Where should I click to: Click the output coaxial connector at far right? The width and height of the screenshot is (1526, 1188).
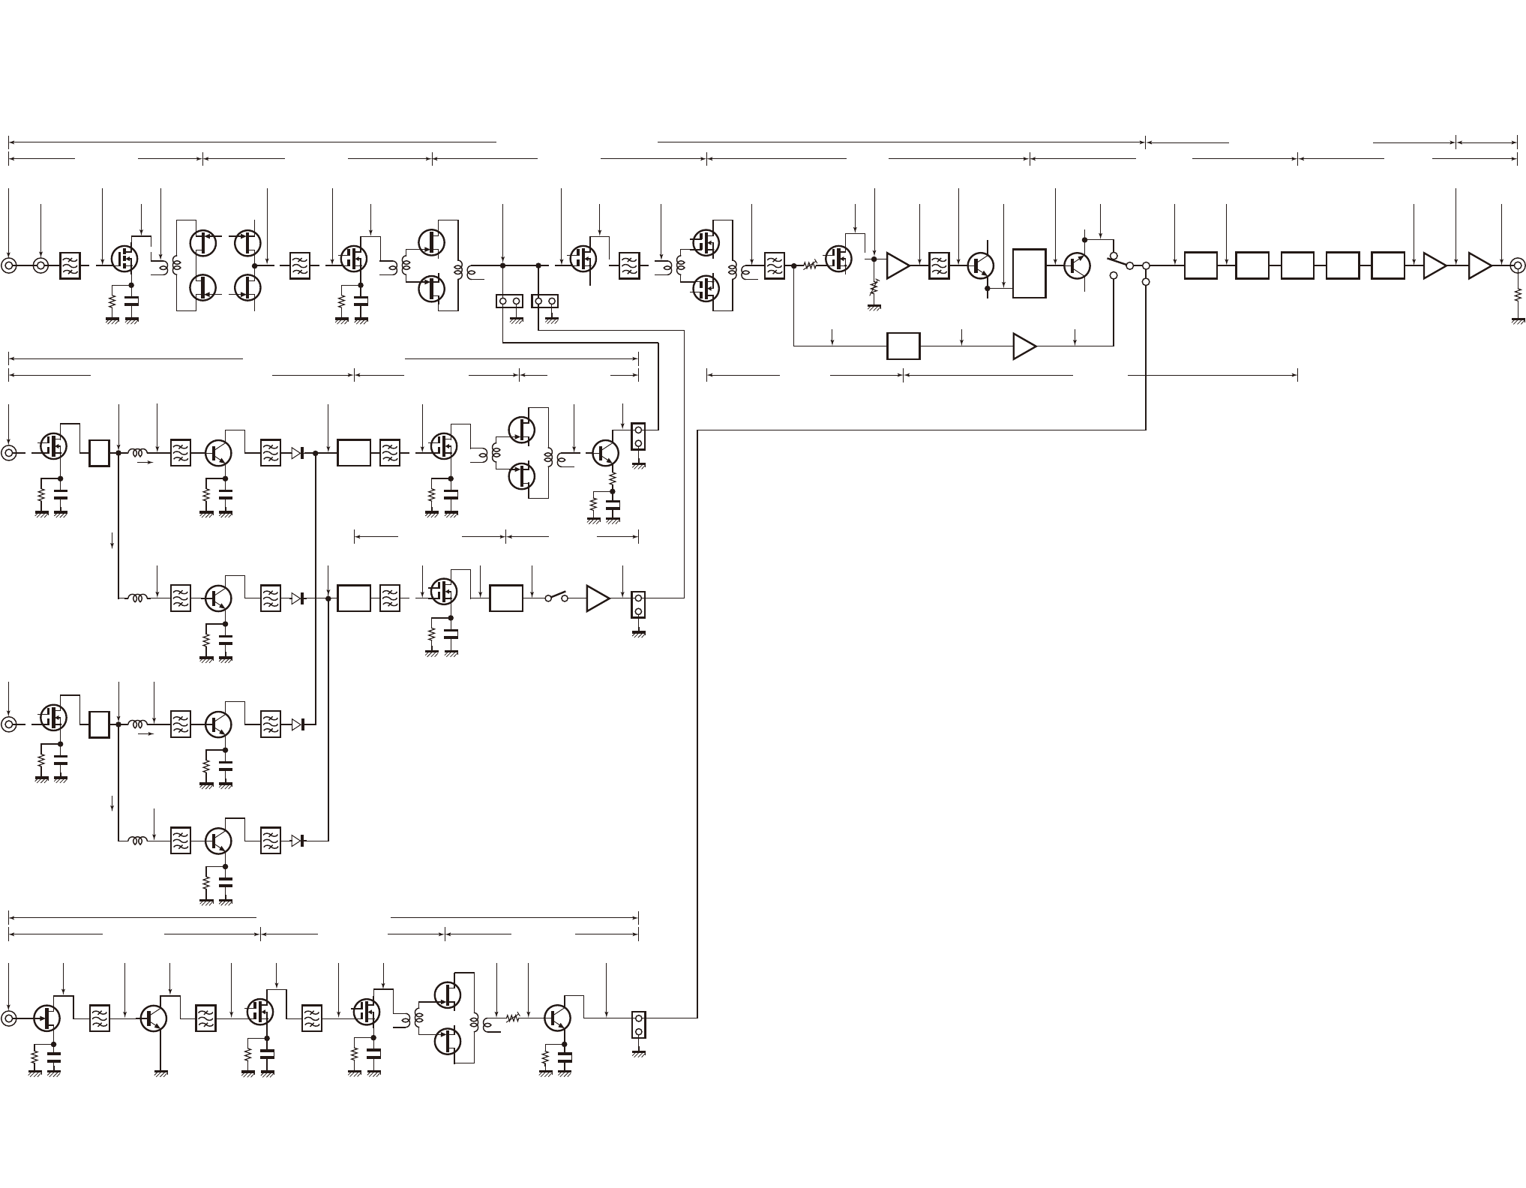tap(1516, 265)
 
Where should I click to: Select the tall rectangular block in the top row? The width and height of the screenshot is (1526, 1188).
tap(1029, 273)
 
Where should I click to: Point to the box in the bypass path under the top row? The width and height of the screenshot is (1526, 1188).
tap(903, 346)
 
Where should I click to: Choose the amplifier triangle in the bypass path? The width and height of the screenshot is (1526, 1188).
tap(1024, 346)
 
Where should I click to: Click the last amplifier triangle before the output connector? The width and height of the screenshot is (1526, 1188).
tap(1479, 265)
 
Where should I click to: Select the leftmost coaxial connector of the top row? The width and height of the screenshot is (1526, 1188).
tap(9, 265)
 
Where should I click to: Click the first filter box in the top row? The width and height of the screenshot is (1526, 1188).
tap(70, 265)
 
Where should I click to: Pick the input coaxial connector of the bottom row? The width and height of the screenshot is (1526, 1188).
tap(9, 1018)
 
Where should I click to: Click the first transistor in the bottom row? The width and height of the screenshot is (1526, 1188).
tap(47, 1018)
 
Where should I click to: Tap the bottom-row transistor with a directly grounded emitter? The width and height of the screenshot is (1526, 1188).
tap(154, 1018)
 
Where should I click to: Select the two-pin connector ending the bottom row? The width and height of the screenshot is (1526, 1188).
tap(638, 1024)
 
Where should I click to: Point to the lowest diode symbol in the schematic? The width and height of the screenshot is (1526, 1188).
tap(299, 841)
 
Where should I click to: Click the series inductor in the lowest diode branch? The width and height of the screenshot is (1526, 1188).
tap(136, 841)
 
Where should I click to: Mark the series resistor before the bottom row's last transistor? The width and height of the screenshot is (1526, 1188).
tap(513, 1018)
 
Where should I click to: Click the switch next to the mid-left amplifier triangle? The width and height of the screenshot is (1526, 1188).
tap(556, 598)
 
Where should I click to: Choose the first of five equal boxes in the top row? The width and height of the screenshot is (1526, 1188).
tap(1200, 265)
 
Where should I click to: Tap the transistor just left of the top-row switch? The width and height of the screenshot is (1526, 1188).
tap(1078, 265)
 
